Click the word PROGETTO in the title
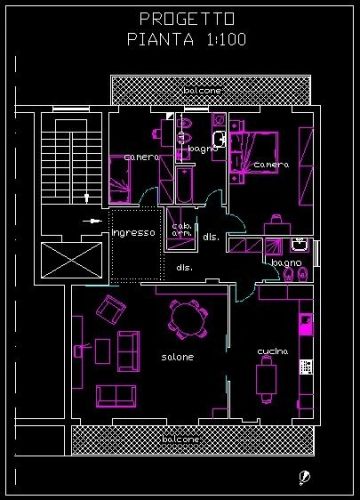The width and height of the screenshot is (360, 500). [187, 19]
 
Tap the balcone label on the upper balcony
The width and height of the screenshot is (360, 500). [202, 91]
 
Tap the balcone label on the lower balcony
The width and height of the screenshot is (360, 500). [181, 439]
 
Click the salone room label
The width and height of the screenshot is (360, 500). [178, 357]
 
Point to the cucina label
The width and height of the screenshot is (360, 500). [273, 351]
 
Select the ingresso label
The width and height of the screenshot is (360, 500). [134, 233]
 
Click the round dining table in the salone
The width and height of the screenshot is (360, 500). [187, 320]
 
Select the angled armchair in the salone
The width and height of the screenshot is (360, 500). [109, 309]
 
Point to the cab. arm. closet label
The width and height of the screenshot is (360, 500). [182, 229]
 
